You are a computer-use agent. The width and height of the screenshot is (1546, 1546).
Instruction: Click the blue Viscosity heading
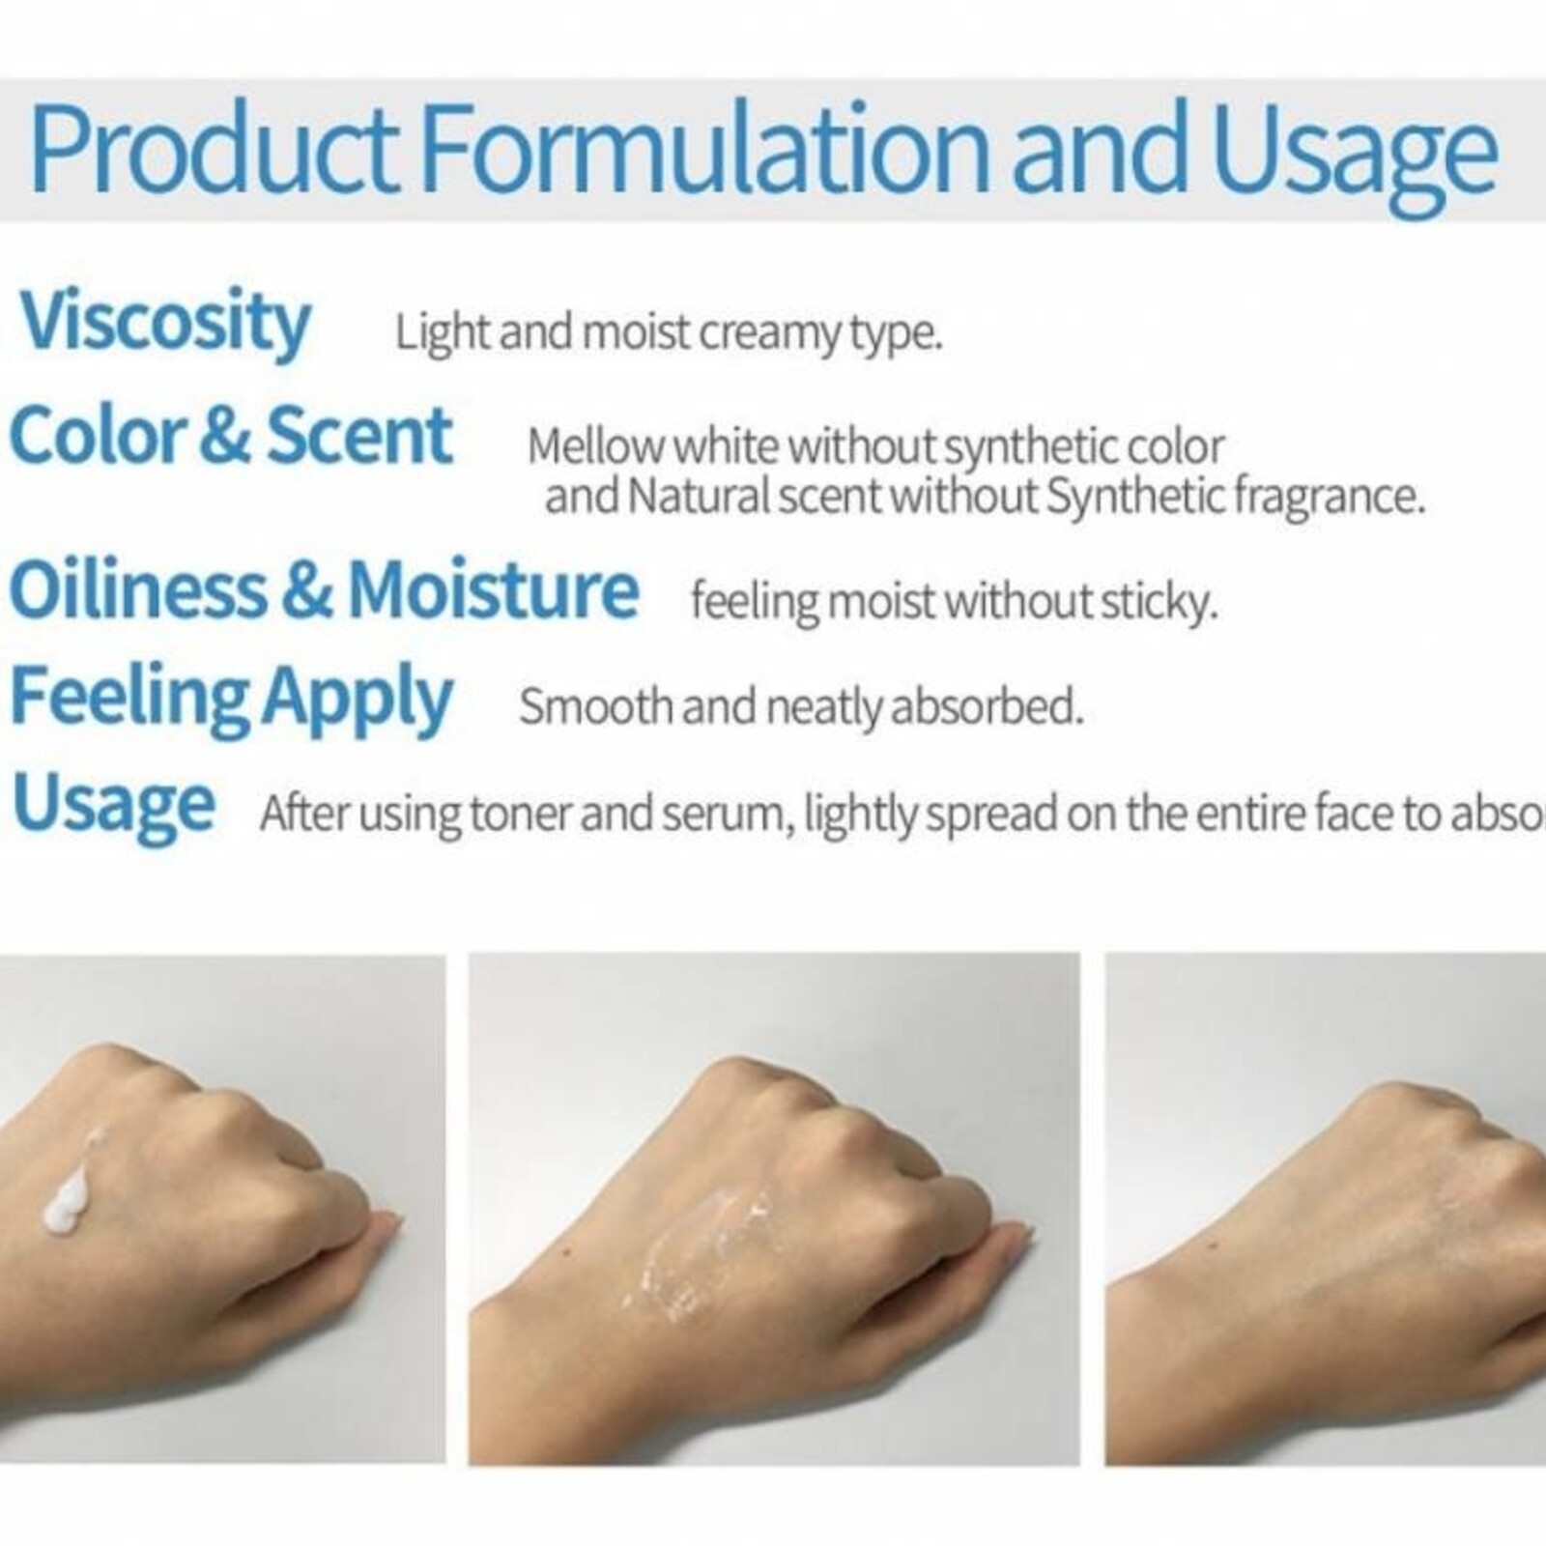coord(164,324)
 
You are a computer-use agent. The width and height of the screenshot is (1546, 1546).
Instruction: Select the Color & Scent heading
coord(230,437)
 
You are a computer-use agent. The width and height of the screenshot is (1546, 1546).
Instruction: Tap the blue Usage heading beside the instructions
coord(113,805)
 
